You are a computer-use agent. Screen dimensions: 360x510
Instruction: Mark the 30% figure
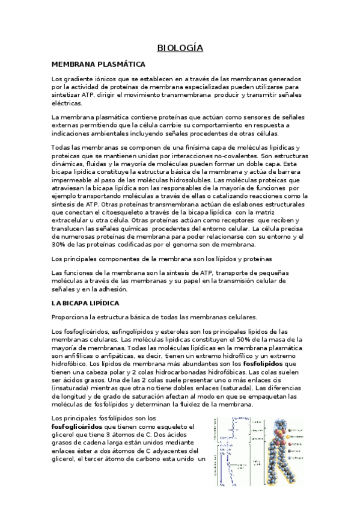[59, 244]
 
